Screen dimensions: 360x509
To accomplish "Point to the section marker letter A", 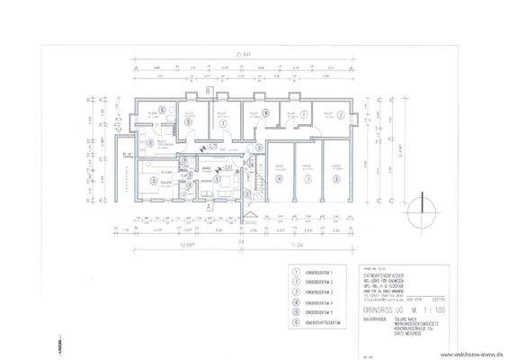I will [x=207, y=207].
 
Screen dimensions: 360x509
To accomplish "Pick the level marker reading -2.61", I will [x=228, y=166].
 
